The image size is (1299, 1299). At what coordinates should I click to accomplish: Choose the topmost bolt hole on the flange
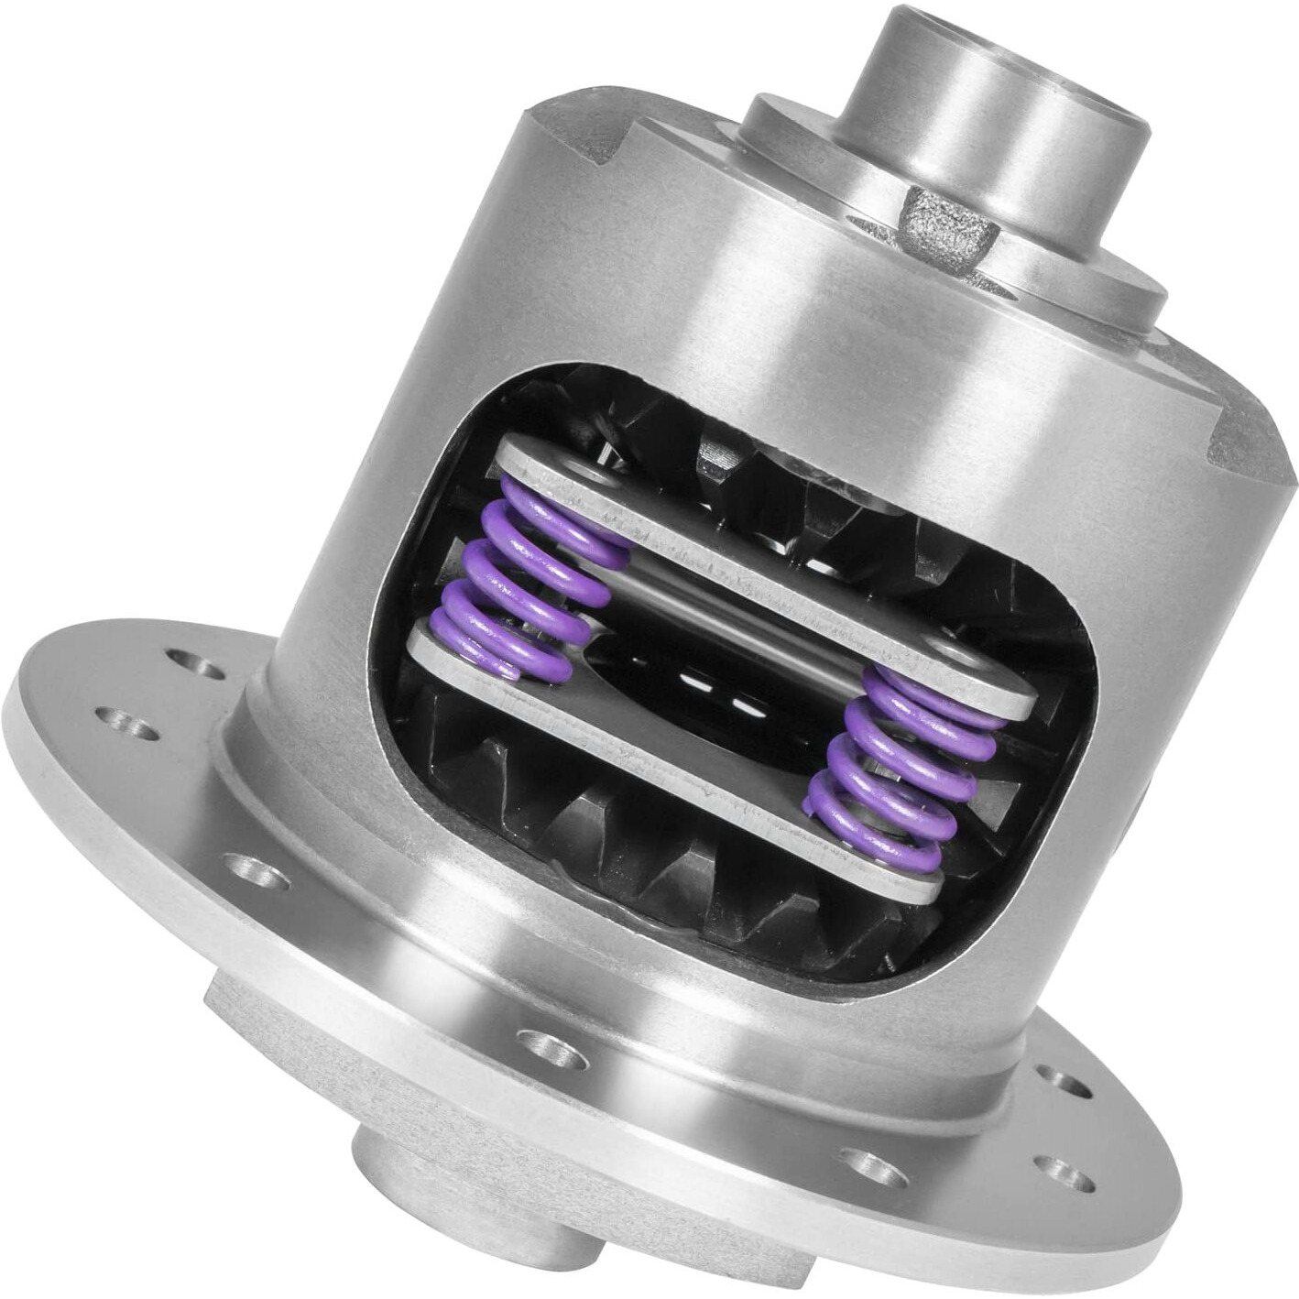191,659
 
